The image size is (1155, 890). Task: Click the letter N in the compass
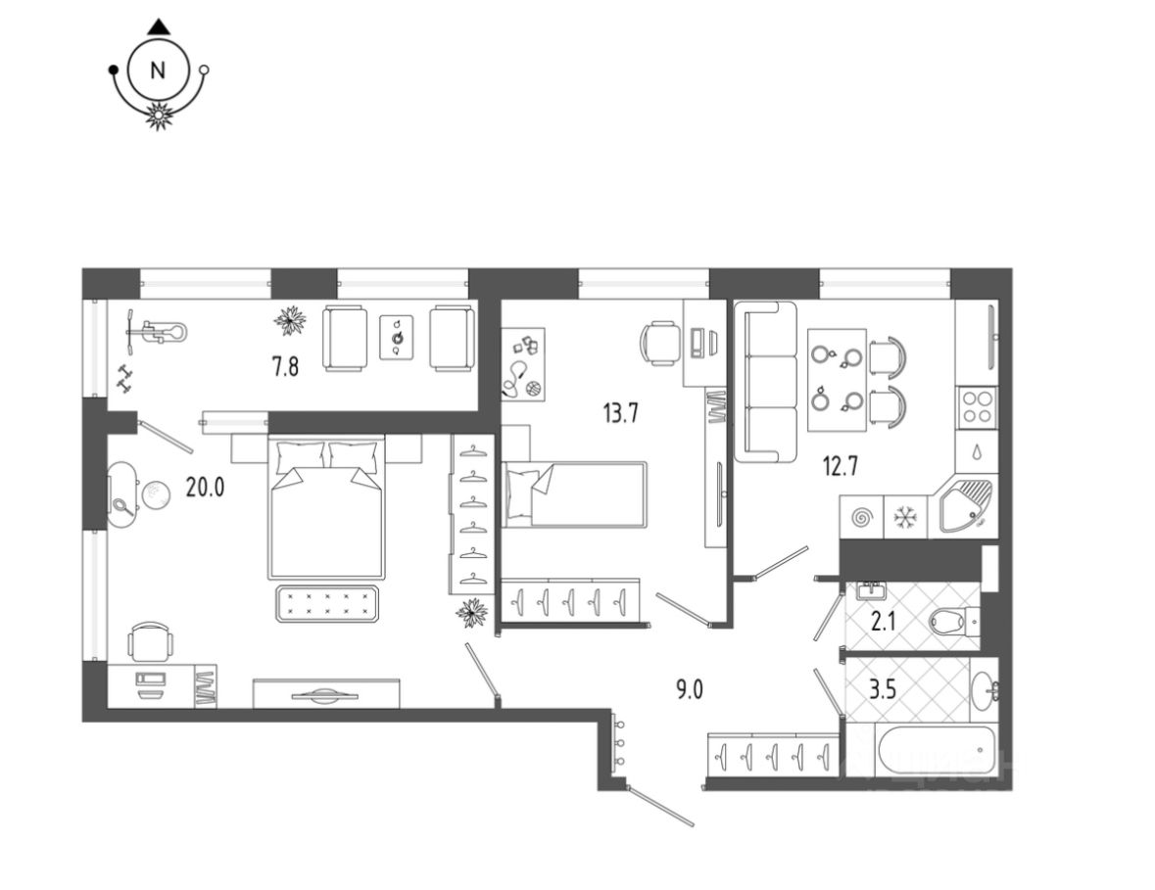157,70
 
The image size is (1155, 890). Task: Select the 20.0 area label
206,488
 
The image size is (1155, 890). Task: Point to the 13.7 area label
620,412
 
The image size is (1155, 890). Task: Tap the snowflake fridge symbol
907,515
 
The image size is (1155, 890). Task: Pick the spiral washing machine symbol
862,515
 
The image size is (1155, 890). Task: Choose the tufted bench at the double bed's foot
327,603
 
